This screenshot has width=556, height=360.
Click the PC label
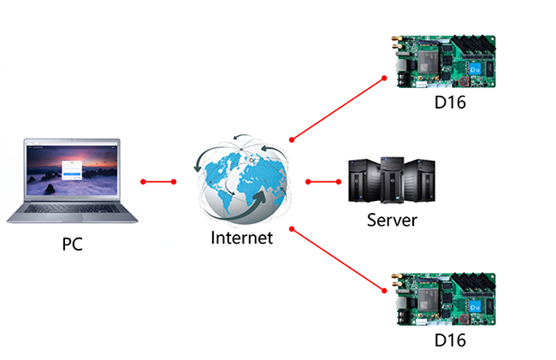[x=72, y=244]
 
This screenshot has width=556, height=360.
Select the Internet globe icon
[x=242, y=180]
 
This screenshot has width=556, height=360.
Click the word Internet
[x=242, y=237]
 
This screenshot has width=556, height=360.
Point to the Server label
[x=392, y=220]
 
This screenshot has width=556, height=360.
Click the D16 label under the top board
[x=448, y=104]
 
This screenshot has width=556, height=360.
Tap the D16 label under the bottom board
[x=448, y=340]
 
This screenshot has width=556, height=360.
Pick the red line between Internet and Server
[x=323, y=181]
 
